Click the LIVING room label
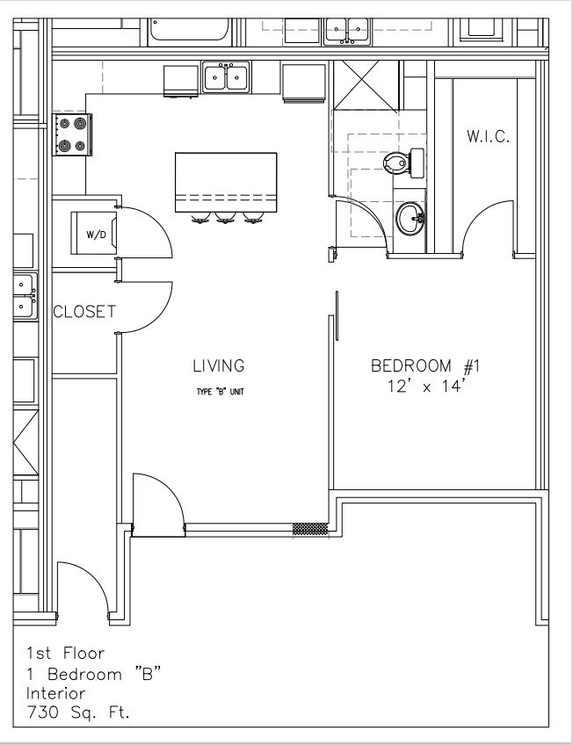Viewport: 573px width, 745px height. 219,365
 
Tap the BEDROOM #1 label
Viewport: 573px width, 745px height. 425,365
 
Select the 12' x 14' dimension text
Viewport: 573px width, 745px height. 424,387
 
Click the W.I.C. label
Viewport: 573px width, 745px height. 488,137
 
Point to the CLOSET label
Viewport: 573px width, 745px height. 84,312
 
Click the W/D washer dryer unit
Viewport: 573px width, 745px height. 94,234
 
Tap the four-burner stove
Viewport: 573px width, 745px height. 72,134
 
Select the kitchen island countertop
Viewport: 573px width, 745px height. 226,183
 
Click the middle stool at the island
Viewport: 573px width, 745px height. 225,218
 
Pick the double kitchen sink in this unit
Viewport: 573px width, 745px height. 226,77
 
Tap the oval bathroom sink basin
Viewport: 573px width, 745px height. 410,219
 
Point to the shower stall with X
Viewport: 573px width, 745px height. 366,85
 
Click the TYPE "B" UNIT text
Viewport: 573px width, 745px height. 220,392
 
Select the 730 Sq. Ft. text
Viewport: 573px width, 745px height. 78,712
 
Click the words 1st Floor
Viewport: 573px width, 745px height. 65,654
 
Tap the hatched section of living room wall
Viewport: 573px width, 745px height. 310,529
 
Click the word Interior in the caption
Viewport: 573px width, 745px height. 55,693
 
